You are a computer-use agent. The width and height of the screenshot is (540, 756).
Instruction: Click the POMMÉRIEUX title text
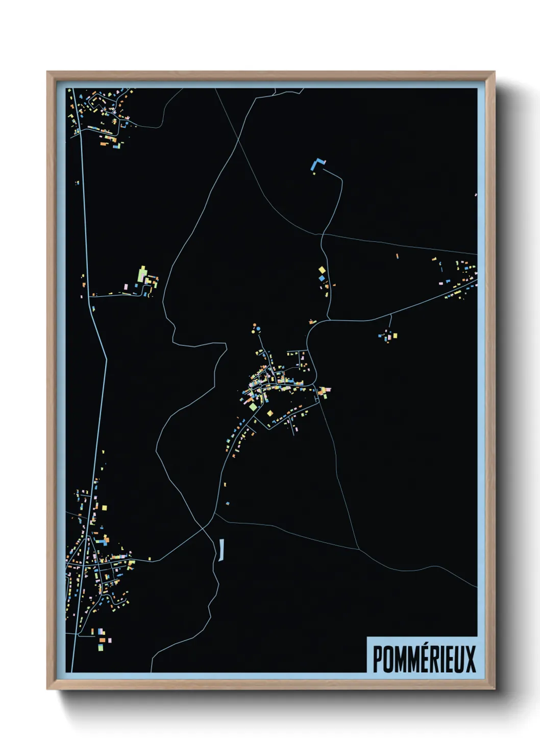[424, 659]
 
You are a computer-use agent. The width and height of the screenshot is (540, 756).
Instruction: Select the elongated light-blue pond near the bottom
[222, 550]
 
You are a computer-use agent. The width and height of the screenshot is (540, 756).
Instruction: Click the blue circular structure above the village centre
[259, 328]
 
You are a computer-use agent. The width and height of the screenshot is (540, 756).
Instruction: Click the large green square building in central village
[253, 407]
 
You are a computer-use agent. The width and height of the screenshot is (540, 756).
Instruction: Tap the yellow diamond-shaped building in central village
[269, 413]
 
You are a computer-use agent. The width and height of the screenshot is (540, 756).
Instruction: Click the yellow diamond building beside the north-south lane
[322, 270]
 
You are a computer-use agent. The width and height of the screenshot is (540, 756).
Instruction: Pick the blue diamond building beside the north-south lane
[322, 278]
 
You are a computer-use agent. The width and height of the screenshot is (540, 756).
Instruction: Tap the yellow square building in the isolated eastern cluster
[395, 336]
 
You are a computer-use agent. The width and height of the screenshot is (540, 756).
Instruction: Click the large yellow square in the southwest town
[105, 508]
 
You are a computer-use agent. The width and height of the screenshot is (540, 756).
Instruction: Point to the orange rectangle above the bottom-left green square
[102, 640]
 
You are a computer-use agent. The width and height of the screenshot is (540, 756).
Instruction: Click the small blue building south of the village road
[228, 503]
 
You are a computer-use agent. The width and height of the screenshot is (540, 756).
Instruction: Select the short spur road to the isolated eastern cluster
[390, 323]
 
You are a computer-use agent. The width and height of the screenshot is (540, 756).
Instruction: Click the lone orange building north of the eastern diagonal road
[397, 256]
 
